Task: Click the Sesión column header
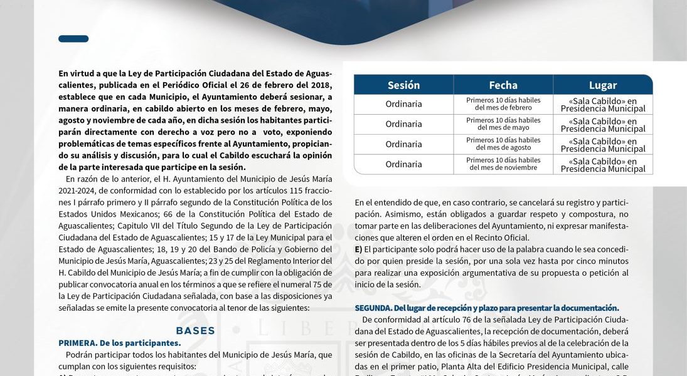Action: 403,85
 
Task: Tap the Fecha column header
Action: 503,85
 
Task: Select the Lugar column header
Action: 602,85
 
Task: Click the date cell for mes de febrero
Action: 503,104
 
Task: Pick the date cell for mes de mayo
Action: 503,124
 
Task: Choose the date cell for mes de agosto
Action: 503,144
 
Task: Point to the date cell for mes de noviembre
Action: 503,164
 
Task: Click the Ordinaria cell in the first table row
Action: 403,104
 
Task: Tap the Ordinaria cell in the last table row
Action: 403,164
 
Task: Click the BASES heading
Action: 195,331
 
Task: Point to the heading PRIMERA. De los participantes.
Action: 119,343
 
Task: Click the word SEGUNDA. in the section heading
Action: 373,308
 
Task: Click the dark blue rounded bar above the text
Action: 73,39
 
